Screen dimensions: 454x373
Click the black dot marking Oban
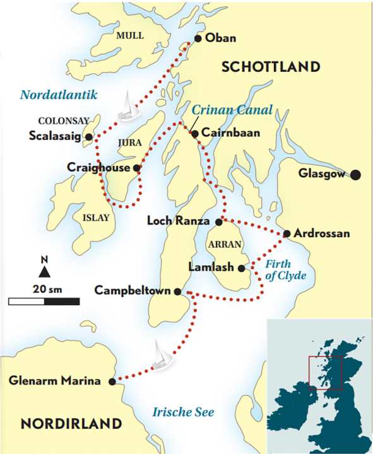coord(198,38)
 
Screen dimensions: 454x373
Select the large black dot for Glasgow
coord(355,175)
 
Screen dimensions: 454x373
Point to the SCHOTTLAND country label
coord(271,67)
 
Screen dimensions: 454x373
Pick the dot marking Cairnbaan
coord(195,134)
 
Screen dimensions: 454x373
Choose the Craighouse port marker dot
coord(137,168)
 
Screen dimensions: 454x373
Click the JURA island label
coord(131,143)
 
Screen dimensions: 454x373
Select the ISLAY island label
coord(96,218)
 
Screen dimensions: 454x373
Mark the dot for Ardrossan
coord(287,233)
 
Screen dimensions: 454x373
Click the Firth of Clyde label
coord(285,270)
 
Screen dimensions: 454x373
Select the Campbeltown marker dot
coord(177,291)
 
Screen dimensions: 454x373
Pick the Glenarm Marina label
coord(56,381)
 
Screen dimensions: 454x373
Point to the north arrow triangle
coord(44,271)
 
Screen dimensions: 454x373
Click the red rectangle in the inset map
coord(325,378)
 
